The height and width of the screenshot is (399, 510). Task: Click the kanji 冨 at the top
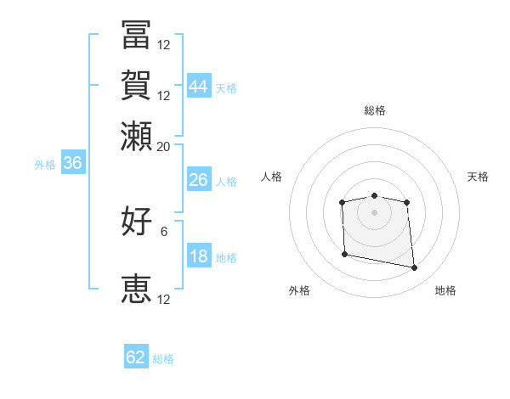(x=136, y=35)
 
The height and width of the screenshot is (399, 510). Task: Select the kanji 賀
(x=136, y=85)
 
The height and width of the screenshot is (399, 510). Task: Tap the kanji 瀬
(x=136, y=136)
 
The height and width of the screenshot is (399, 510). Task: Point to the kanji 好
(x=136, y=221)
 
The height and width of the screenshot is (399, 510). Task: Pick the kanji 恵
(x=136, y=289)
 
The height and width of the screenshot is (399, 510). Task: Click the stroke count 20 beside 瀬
(x=163, y=147)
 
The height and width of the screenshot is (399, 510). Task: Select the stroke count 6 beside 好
(x=164, y=232)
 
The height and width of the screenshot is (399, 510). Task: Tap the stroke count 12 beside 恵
(x=163, y=300)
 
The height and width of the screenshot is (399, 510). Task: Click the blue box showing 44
(x=199, y=86)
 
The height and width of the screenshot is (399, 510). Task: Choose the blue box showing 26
(x=199, y=179)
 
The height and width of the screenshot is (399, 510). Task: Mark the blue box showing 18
(x=199, y=255)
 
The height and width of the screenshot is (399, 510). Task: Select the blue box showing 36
(x=73, y=162)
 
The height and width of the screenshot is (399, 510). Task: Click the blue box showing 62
(x=136, y=356)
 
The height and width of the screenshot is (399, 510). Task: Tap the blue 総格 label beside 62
(x=163, y=359)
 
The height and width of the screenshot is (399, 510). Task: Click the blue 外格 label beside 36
(x=45, y=165)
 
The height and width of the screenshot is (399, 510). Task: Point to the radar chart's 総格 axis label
(x=375, y=110)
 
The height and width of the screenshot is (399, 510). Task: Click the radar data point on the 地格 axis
(x=414, y=267)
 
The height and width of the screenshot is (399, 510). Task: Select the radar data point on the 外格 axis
(x=345, y=254)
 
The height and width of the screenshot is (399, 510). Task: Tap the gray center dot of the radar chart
(x=374, y=212)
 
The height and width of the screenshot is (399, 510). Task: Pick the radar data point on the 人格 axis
(x=342, y=202)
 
